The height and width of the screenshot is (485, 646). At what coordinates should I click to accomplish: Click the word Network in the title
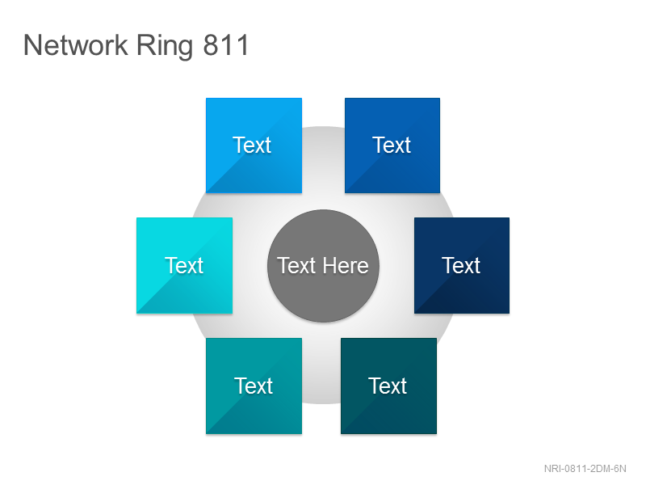point(76,45)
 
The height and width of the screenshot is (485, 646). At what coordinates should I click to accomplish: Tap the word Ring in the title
point(165,46)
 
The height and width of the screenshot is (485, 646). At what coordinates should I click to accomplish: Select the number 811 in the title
point(226,45)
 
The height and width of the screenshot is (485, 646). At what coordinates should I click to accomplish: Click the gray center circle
point(323,266)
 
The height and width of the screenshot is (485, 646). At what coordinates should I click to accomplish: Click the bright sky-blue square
point(254,145)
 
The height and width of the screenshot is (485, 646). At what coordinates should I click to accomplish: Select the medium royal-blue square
point(392,145)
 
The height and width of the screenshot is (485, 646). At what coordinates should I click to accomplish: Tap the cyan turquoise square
point(185,266)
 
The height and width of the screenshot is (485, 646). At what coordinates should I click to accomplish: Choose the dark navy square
point(462,266)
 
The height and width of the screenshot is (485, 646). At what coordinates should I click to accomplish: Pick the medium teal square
point(254,386)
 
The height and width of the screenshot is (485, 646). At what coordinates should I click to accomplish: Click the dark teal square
point(388,386)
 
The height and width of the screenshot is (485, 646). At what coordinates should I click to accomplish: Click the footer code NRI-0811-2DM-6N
point(585,469)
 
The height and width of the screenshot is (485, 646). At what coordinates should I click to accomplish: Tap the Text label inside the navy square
point(461,265)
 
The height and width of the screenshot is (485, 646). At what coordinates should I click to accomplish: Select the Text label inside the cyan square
point(184,265)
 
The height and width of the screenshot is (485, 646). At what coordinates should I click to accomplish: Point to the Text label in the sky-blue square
point(252,145)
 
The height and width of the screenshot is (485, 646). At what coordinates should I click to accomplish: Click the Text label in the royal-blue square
point(392,145)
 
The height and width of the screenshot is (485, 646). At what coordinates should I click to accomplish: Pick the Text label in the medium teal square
point(254,386)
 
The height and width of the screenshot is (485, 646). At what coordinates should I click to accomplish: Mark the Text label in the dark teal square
point(388,386)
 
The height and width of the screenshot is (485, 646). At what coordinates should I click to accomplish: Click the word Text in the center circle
point(296,266)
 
